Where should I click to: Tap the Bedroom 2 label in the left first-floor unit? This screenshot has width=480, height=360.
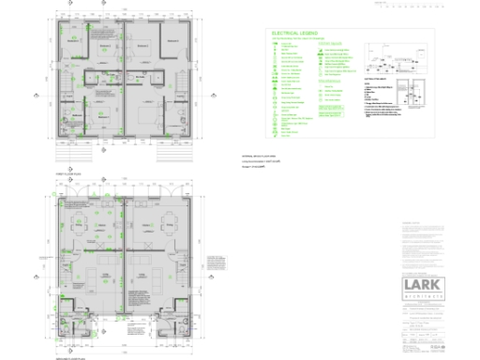pyautogui.click(x=106, y=44)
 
